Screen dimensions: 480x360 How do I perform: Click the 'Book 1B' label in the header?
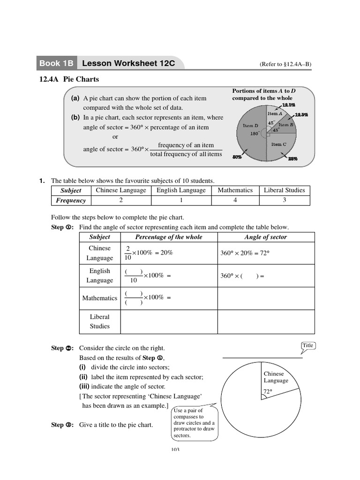[56, 63]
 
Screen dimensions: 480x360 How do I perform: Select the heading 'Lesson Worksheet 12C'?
[128, 63]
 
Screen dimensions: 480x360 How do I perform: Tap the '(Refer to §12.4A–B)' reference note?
[285, 64]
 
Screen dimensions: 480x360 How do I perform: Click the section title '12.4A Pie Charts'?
[69, 79]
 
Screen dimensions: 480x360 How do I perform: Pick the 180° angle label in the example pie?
[255, 134]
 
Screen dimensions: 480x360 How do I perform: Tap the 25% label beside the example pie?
[293, 159]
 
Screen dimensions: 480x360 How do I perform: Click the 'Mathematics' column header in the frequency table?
[235, 190]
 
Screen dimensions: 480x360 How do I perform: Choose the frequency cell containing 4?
[235, 200]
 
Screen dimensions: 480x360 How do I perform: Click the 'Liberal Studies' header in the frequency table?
[284, 190]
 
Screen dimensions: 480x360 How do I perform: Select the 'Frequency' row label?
[71, 201]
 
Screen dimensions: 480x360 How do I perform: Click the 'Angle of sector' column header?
[266, 237]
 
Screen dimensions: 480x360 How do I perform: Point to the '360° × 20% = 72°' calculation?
[245, 253]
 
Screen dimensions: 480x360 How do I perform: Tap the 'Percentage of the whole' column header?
[169, 237]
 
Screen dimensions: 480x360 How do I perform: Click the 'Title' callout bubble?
[307, 345]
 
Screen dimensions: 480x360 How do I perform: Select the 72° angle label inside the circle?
[268, 391]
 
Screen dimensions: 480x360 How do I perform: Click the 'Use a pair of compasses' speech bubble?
[194, 423]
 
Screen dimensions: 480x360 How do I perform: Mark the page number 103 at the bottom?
[175, 450]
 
